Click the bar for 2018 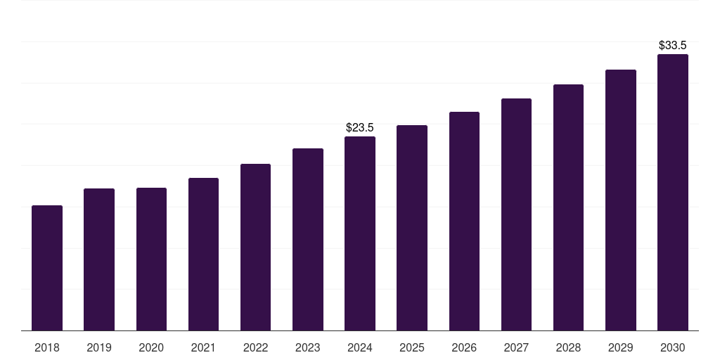pos(47,268)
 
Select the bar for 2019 pos(99,259)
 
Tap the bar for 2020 pos(151,259)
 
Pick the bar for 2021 pos(203,254)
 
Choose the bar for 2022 pos(255,247)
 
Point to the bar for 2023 pos(308,239)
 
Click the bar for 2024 pos(360,233)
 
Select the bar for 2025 pos(412,228)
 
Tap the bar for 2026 pos(464,221)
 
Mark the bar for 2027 pos(516,214)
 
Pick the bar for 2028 pos(568,207)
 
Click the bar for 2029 pos(620,200)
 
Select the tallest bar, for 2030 pos(673,192)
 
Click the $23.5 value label pos(360,127)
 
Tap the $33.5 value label pos(673,45)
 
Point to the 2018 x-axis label pos(47,347)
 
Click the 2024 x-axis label pos(360,347)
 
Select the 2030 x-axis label pos(673,347)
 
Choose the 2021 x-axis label pos(203,347)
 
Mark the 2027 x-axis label pos(516,347)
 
